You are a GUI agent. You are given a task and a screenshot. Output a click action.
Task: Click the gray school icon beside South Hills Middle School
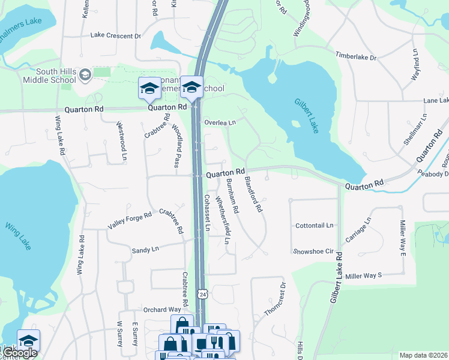(85, 75)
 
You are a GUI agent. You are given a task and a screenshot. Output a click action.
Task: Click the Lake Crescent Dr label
(115, 35)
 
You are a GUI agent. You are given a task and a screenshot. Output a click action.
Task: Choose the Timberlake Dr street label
(355, 57)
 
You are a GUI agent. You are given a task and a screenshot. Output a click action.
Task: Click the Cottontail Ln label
(314, 226)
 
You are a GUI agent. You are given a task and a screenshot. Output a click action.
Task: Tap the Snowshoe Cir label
(312, 251)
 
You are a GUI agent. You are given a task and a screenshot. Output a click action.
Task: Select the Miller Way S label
(363, 275)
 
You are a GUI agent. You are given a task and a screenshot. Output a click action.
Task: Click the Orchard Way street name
(162, 310)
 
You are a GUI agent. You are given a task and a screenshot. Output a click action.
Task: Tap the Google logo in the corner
(20, 353)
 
